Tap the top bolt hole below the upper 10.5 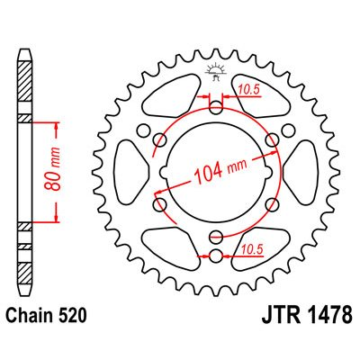215,109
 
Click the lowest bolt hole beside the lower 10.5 215,257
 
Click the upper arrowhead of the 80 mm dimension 58,123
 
